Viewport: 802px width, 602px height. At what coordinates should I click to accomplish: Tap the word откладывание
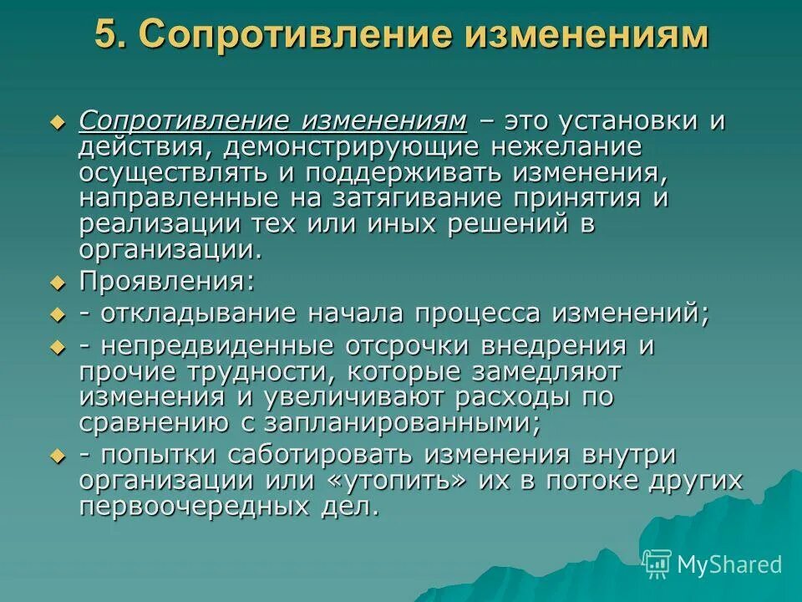tap(197, 314)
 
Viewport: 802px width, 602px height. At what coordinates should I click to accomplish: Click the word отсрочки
tap(428, 345)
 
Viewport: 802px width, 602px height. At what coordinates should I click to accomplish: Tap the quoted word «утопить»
tap(421, 481)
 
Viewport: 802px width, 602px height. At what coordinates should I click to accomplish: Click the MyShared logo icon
tap(657, 564)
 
